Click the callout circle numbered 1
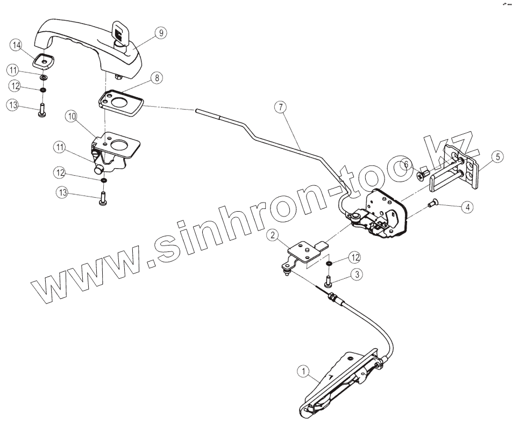[x=303, y=371]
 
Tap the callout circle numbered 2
[x=274, y=235]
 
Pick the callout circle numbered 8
[x=156, y=78]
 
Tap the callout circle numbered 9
[x=160, y=33]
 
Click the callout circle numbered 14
[x=17, y=46]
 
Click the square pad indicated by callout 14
[x=42, y=62]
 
